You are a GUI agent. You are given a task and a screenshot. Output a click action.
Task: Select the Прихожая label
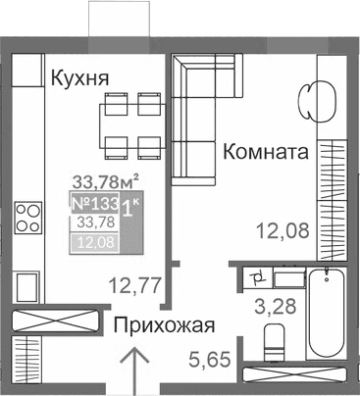(x=163, y=325)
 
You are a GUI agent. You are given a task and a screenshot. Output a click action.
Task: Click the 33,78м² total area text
(x=105, y=179)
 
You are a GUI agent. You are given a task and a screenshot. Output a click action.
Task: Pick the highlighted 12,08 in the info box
(x=94, y=242)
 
